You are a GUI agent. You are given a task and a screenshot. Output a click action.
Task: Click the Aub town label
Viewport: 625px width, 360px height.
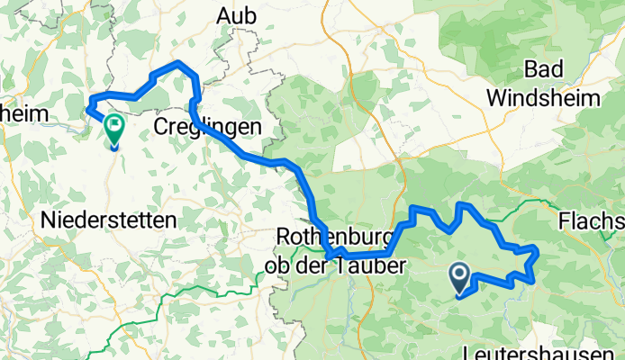236,15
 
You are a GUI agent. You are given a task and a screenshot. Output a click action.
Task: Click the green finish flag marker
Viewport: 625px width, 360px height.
114,129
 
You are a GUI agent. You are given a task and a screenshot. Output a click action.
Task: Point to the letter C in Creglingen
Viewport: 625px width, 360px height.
160,126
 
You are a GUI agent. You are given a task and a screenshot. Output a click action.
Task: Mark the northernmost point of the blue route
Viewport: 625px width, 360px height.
180,62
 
